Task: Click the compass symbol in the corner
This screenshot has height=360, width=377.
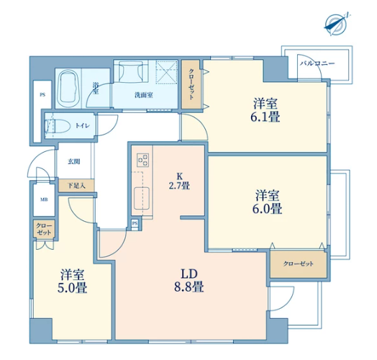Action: (336, 24)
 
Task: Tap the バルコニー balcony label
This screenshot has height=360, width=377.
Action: (317, 63)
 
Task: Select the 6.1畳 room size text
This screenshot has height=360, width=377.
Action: (265, 117)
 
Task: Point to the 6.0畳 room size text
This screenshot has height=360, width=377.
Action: (267, 208)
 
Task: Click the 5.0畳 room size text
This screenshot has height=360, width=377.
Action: (72, 287)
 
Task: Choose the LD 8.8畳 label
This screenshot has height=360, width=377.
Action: (189, 280)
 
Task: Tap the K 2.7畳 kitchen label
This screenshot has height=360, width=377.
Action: (179, 181)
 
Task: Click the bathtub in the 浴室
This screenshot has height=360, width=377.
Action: (68, 88)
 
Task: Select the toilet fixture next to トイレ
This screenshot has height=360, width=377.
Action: (58, 126)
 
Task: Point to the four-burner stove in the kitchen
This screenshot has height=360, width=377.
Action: (143, 160)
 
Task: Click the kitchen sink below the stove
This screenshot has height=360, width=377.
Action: (142, 199)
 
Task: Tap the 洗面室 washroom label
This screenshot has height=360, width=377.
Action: (144, 95)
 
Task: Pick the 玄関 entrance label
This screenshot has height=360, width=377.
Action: (74, 161)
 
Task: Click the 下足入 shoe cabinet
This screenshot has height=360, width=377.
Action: (76, 186)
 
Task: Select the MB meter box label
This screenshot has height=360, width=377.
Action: (44, 199)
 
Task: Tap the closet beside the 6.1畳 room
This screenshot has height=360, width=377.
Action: (191, 84)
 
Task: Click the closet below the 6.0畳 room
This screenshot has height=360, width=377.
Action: (299, 264)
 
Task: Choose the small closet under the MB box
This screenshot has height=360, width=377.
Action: (44, 230)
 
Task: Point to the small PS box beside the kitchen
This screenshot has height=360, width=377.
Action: (135, 223)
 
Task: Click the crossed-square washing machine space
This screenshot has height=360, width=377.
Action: (166, 71)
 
